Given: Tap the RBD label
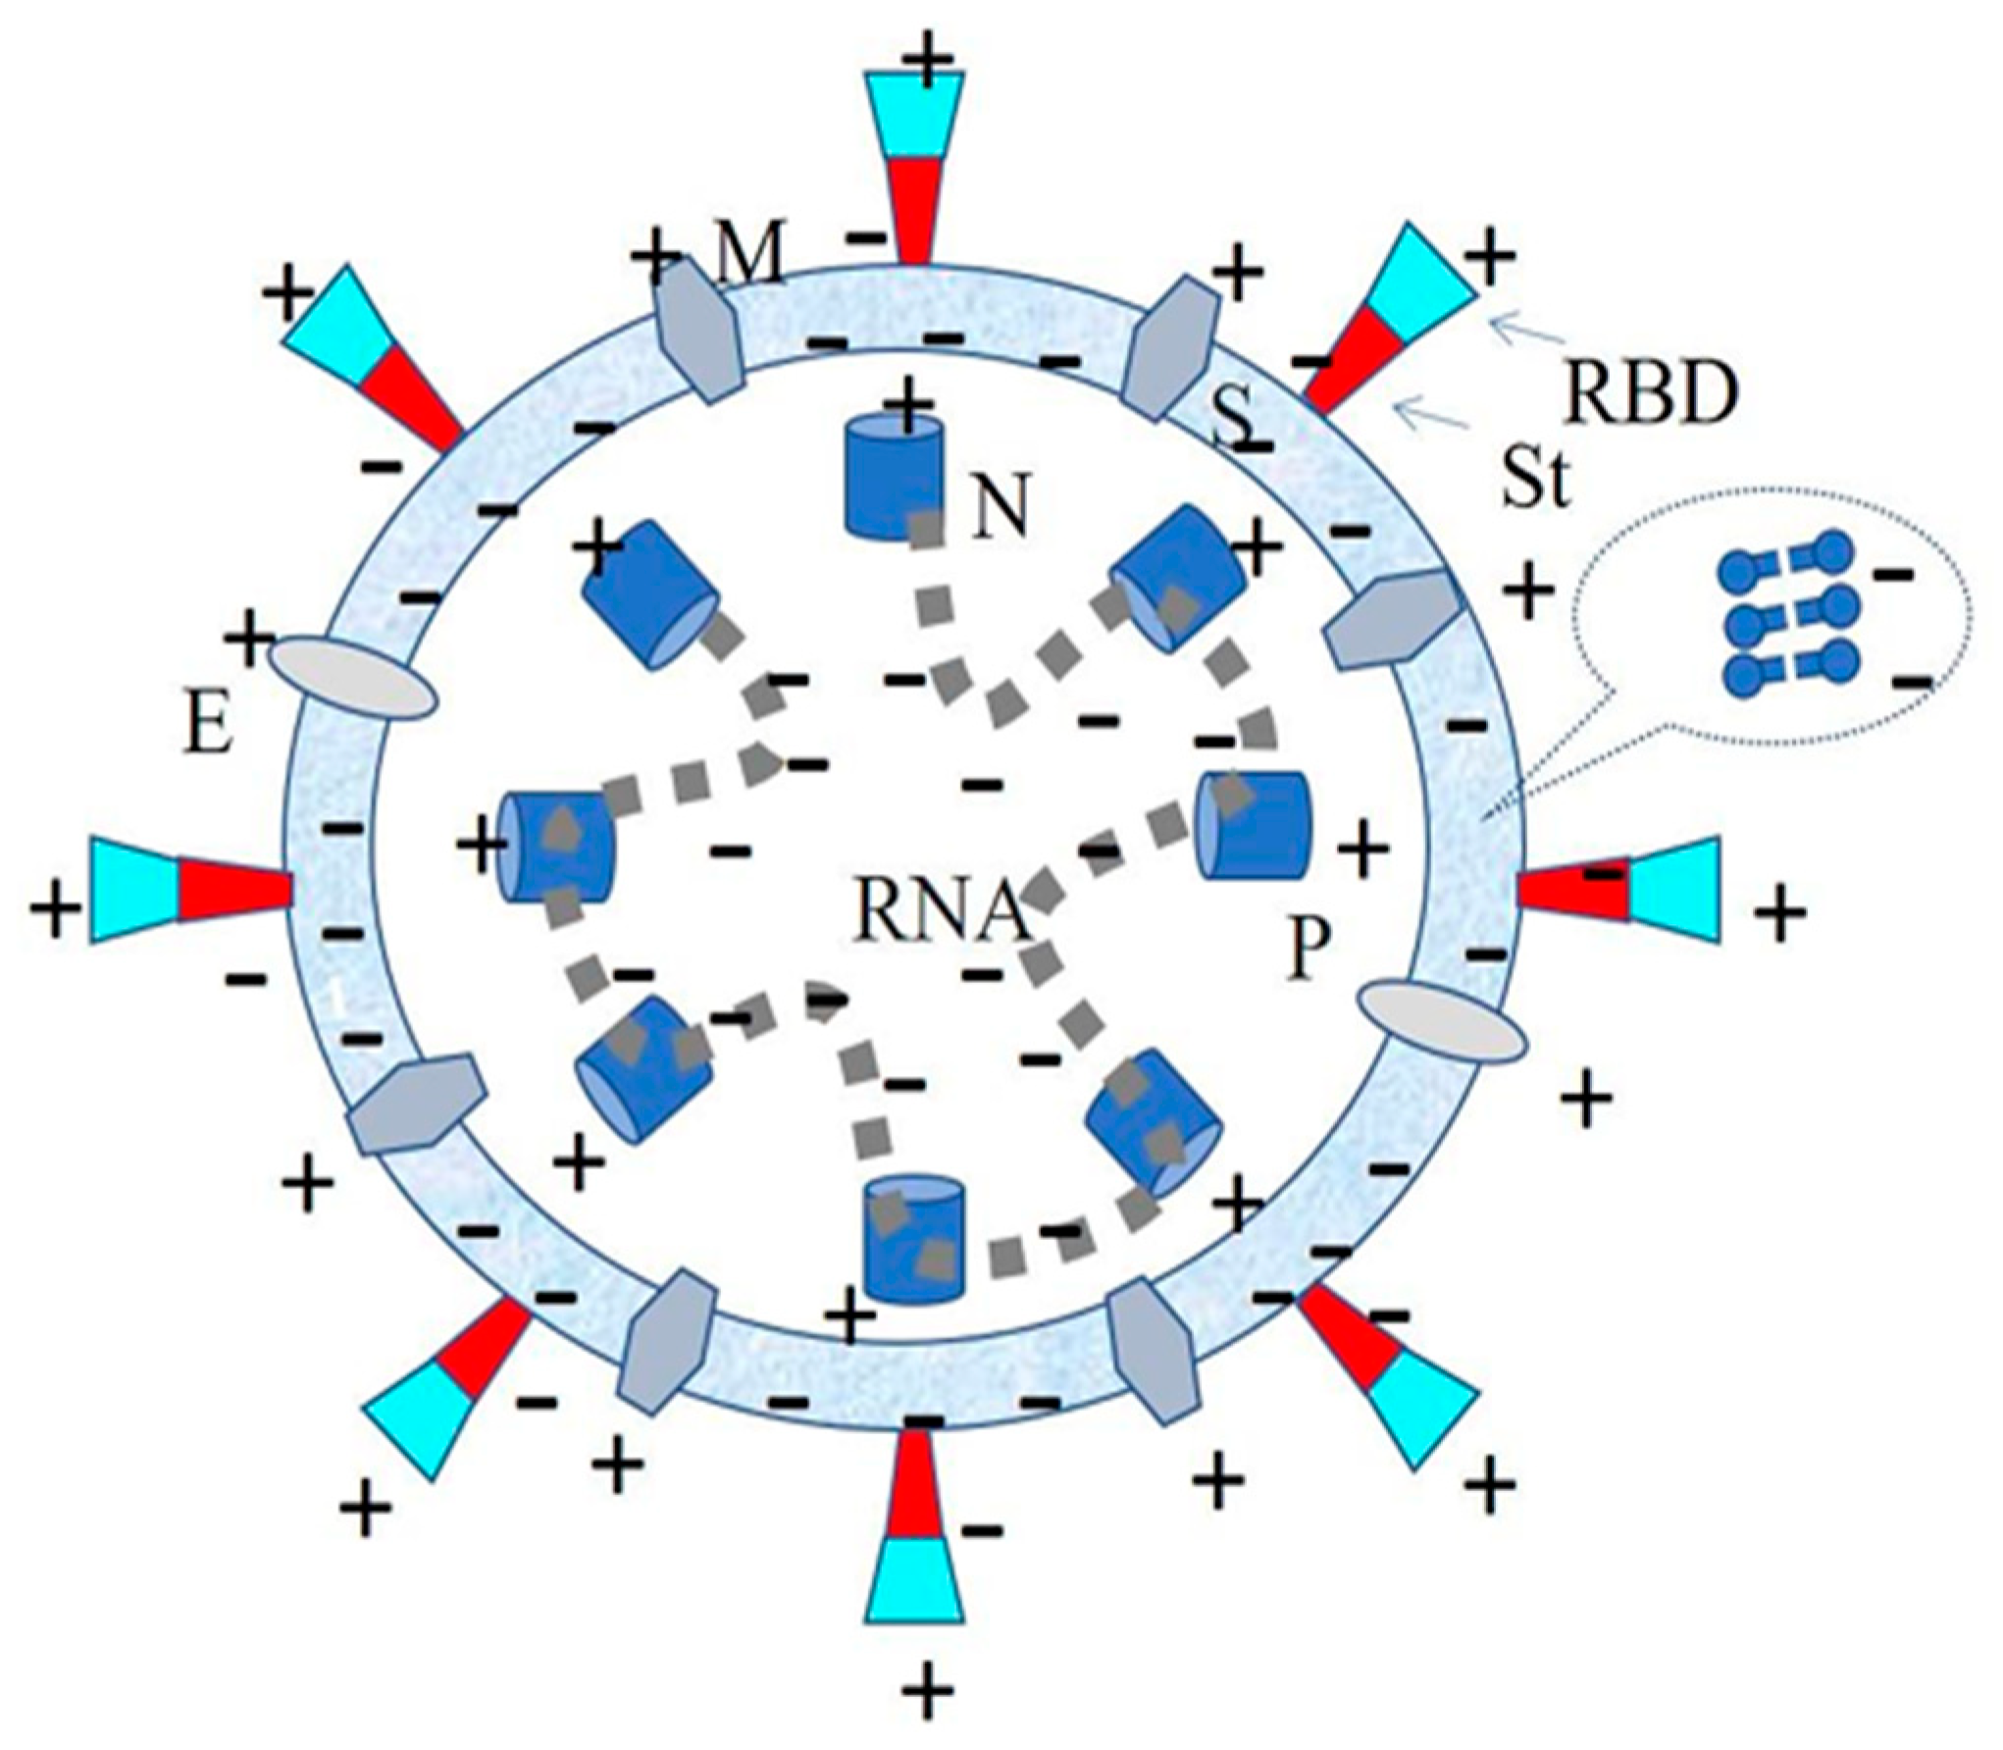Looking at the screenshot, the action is pos(1651,393).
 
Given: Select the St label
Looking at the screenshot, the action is pos(1537,478).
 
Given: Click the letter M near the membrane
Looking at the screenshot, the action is pos(749,257).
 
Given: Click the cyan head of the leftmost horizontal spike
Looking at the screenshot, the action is pos(135,891).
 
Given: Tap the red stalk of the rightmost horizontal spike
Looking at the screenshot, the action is pos(1574,887).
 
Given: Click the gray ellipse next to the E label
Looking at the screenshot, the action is pos(350,677).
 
